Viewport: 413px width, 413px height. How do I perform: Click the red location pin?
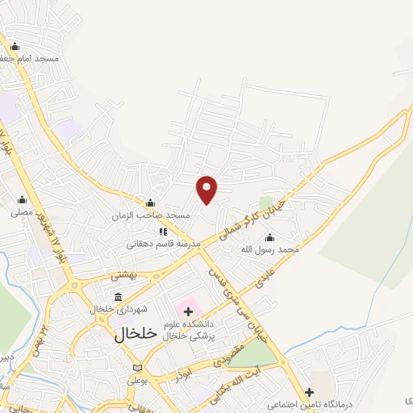click(207, 189)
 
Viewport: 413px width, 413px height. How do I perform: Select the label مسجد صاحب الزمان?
click(151, 215)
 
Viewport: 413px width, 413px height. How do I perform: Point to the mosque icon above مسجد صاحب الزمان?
click(149, 202)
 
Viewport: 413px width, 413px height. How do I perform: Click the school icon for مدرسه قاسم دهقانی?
click(162, 232)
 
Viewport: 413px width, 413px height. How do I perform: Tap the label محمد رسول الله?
click(269, 250)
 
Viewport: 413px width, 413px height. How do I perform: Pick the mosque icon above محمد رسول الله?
click(269, 237)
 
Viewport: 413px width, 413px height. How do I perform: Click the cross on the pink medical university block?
click(188, 311)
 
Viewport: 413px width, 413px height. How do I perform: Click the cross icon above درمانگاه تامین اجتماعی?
click(308, 391)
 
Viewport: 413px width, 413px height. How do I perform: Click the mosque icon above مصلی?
click(22, 200)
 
